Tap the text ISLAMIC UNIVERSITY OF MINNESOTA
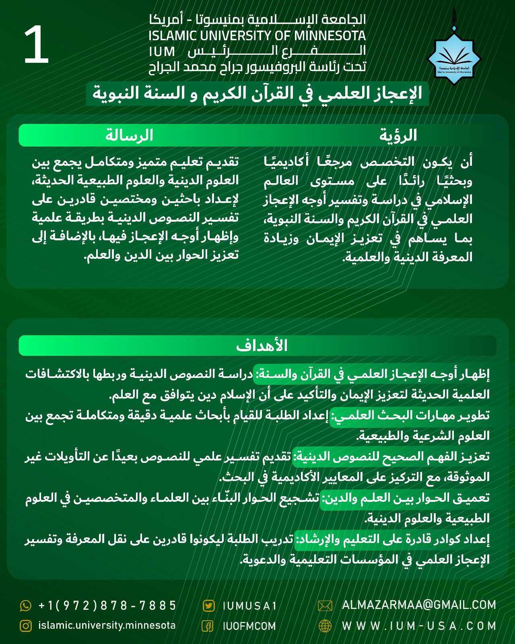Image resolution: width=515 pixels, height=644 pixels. [x=257, y=36]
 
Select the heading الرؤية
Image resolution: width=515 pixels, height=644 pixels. [x=398, y=135]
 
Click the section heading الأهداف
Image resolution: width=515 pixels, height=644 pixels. [x=262, y=346]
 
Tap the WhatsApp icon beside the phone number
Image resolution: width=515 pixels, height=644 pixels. [x=25, y=605]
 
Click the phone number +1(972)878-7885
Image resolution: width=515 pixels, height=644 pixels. [x=107, y=605]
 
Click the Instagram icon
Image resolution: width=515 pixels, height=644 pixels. [x=25, y=626]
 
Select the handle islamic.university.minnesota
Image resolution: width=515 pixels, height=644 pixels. [x=107, y=625]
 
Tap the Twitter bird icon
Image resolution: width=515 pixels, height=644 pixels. [x=208, y=606]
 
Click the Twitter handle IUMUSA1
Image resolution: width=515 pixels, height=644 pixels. [x=249, y=606]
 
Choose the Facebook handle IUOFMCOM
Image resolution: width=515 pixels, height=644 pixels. [x=249, y=626]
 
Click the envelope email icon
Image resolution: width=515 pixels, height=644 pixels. [x=325, y=605]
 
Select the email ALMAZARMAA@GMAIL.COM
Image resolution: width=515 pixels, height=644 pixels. [x=419, y=605]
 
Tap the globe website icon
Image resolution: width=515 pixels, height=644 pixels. [x=325, y=626]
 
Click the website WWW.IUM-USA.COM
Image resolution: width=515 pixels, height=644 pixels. [x=419, y=626]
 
